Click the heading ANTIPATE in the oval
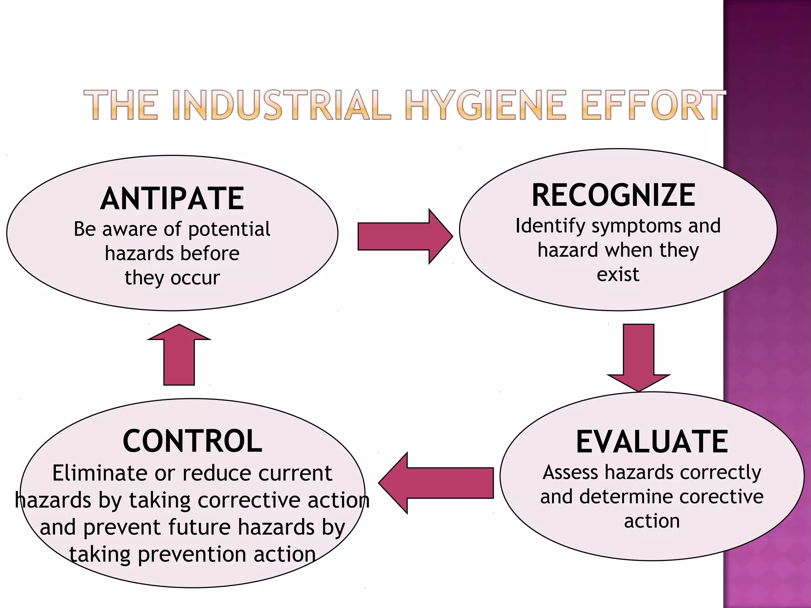click(172, 198)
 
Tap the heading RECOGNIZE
click(613, 195)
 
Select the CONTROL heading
click(192, 441)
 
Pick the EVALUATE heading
click(652, 442)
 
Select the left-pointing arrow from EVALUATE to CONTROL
click(436, 483)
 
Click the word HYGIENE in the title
click(486, 105)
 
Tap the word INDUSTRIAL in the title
click(282, 105)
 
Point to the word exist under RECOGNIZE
click(618, 274)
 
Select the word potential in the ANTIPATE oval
click(229, 230)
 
